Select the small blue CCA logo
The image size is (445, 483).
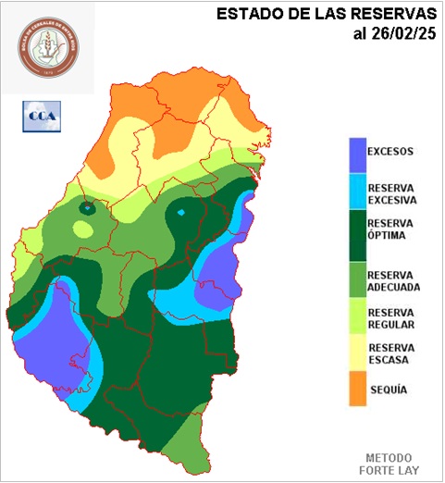click(x=41, y=116)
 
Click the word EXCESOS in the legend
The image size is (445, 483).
click(x=389, y=152)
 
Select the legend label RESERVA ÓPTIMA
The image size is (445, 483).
click(x=389, y=229)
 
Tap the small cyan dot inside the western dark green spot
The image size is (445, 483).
click(x=87, y=209)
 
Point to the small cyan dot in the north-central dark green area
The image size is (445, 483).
click(x=181, y=214)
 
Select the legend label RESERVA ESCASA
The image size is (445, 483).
click(x=389, y=354)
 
